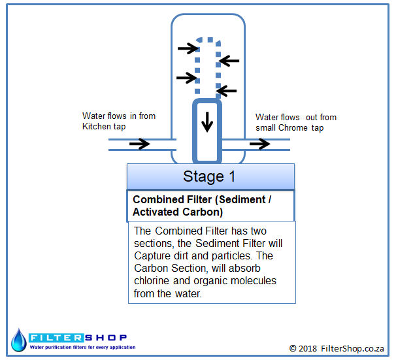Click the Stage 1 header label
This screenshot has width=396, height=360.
tap(209, 176)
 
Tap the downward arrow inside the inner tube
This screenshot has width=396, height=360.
tap(207, 122)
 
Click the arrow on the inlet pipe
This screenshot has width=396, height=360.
tap(139, 144)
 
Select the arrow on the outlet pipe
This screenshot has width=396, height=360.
tap(259, 144)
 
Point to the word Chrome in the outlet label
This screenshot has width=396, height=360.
tap(293, 127)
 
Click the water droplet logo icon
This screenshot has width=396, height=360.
tap(19, 340)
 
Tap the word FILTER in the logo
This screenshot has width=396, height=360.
tap(56, 338)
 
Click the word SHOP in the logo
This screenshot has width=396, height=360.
tap(106, 338)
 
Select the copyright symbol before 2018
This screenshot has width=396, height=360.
tap(293, 348)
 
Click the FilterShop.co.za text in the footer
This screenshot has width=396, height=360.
tap(352, 348)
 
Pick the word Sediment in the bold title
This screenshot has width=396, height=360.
tap(242, 199)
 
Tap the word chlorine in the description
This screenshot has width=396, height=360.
tap(152, 280)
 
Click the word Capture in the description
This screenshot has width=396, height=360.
tap(152, 255)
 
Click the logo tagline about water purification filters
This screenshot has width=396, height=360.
tap(82, 347)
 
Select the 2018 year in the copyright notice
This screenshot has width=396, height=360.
tap(308, 348)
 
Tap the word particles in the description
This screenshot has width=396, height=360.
tap(231, 256)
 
